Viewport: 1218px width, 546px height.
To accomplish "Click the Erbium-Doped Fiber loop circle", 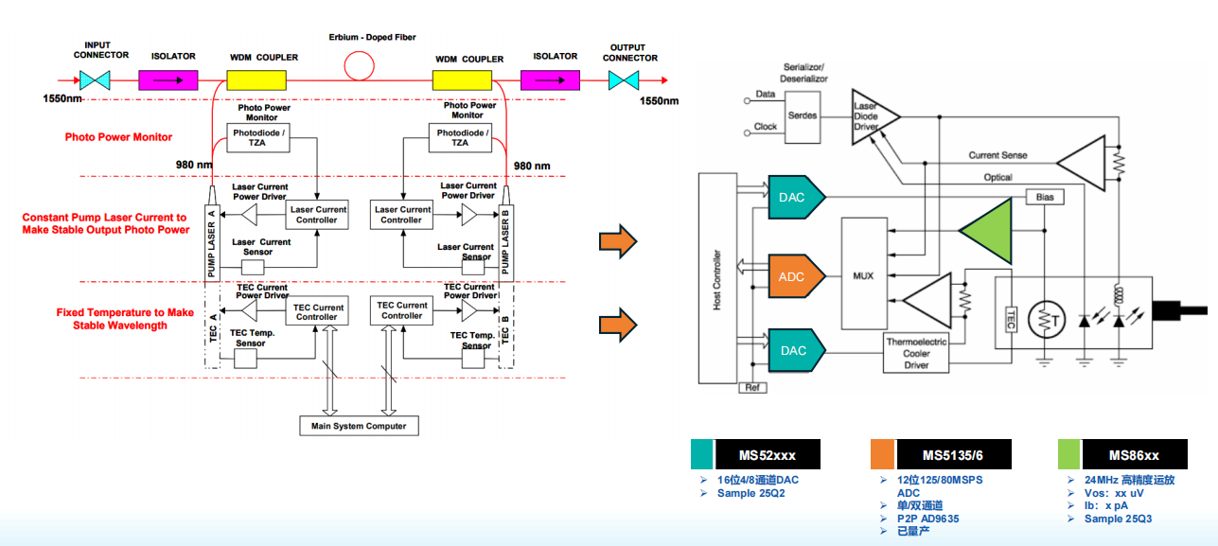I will click(x=359, y=66).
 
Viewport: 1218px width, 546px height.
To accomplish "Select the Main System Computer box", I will click(x=359, y=426).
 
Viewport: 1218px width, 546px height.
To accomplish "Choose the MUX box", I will click(x=863, y=275).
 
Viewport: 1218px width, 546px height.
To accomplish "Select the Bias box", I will click(x=1045, y=197).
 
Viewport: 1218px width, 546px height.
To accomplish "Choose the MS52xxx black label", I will click(x=767, y=455).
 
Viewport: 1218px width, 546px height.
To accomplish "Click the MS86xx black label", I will click(x=1134, y=455).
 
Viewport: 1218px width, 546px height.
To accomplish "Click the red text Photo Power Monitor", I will click(x=118, y=137).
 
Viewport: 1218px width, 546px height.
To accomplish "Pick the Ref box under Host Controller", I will click(x=752, y=387).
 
